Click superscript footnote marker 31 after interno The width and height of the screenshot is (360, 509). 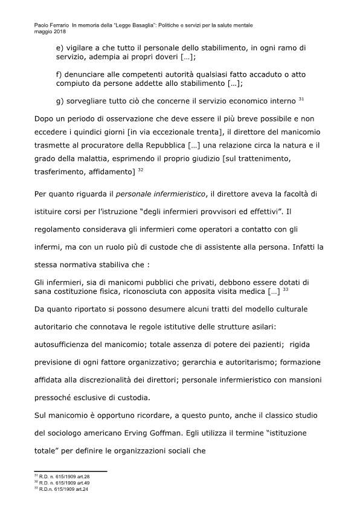pos(301,97)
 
